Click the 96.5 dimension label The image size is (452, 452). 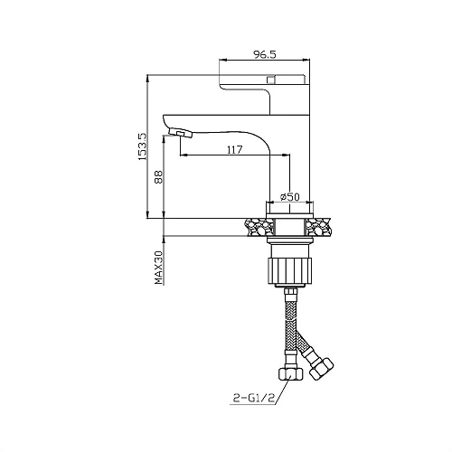pyautogui.click(x=264, y=54)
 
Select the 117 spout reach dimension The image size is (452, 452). pyautogui.click(x=234, y=149)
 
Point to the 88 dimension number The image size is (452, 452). pyautogui.click(x=158, y=177)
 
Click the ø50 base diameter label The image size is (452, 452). pyautogui.click(x=290, y=197)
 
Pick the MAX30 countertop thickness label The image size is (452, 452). pyautogui.click(x=158, y=268)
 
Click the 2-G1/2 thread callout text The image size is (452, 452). pyautogui.click(x=254, y=399)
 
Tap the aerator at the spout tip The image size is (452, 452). pyautogui.click(x=181, y=133)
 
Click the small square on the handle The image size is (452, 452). pyautogui.click(x=271, y=80)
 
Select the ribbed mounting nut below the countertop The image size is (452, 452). pyautogui.click(x=289, y=271)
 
